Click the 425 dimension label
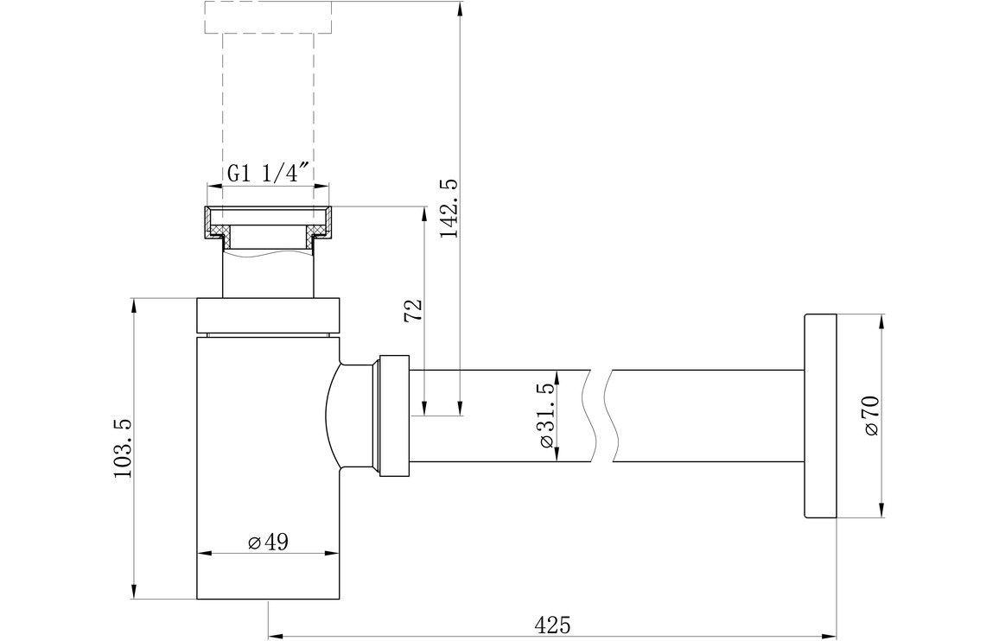click(x=552, y=624)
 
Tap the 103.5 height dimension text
click(x=123, y=448)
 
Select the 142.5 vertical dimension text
click(x=449, y=208)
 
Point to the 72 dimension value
click(x=413, y=311)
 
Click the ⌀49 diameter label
click(x=268, y=543)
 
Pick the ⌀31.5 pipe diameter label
click(x=546, y=416)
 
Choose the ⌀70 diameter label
click(x=872, y=416)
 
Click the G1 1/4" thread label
click(x=268, y=174)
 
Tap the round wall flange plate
click(x=820, y=416)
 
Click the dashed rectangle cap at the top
click(x=268, y=16)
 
